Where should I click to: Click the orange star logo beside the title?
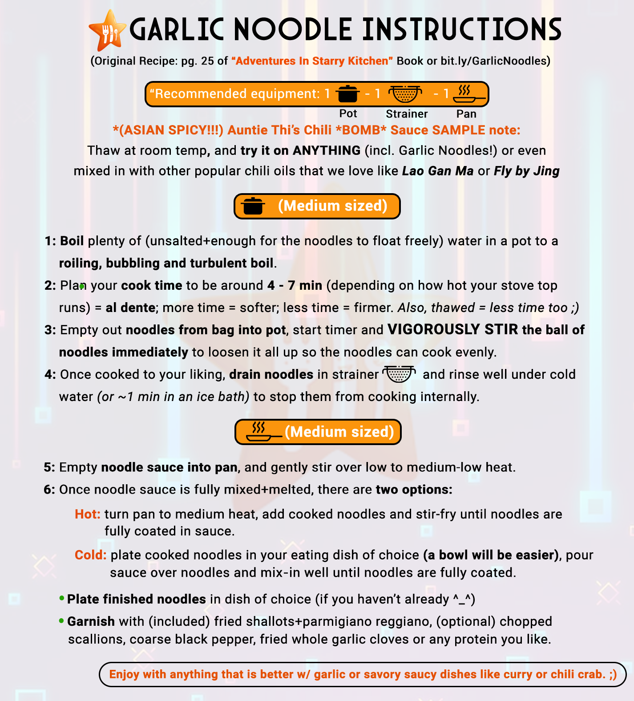[107, 30]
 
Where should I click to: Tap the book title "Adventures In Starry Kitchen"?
[312, 61]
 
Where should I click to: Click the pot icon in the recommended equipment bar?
[347, 94]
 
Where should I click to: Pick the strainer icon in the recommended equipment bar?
[405, 94]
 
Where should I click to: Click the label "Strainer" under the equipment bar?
[407, 114]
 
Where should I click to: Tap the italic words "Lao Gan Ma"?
[438, 171]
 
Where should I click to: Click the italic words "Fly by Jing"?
[527, 171]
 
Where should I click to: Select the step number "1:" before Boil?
[50, 241]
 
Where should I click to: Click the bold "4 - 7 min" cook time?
[295, 285]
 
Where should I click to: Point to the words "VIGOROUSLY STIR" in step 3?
[453, 329]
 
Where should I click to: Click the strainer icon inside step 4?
[399, 374]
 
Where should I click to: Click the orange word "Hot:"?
[87, 514]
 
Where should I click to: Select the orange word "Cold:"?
[90, 555]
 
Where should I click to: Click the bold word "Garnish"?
[91, 621]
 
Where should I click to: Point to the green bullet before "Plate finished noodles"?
[62, 599]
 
